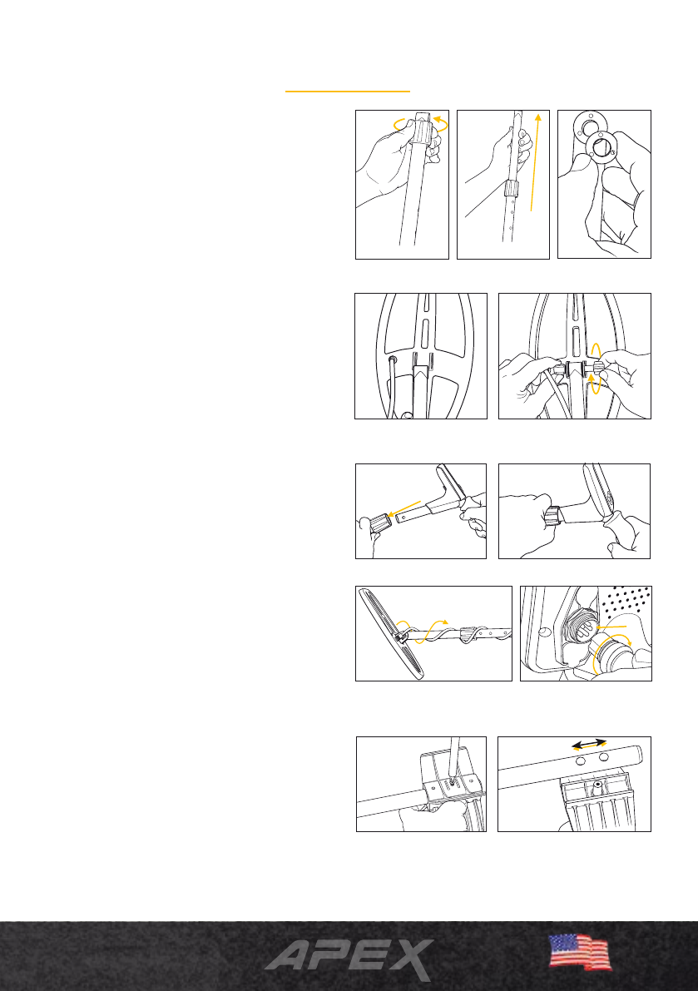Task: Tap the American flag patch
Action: tap(580, 952)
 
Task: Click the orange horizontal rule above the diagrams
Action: tap(348, 92)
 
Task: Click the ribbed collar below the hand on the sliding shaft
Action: tap(511, 188)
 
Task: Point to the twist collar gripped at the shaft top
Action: tap(423, 131)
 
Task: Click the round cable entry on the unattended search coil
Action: tap(393, 359)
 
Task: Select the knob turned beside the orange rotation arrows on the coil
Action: tap(594, 368)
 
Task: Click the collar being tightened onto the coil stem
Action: tap(554, 516)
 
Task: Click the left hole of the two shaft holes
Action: tap(580, 763)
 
